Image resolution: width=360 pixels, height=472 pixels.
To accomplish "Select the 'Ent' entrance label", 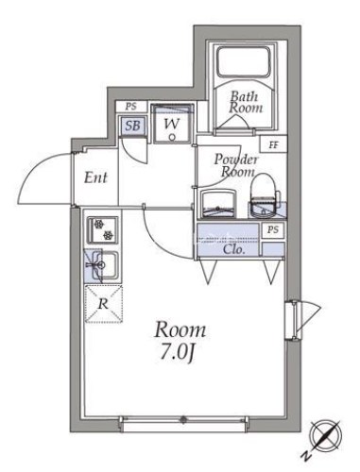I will pos(94,177).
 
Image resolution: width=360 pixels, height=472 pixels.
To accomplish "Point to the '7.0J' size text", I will pos(180,354).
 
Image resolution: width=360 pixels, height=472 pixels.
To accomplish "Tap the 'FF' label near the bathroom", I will pos(274,144).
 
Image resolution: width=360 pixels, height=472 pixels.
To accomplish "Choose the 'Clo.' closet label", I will pos(234,250).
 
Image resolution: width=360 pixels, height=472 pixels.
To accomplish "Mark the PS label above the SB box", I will pos(130,109).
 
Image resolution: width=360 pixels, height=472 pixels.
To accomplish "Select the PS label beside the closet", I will pos(273,230).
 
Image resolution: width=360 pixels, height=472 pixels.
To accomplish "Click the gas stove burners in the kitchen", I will pos(99,229).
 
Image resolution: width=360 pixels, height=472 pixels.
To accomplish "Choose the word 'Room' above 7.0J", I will pos(180,330).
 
